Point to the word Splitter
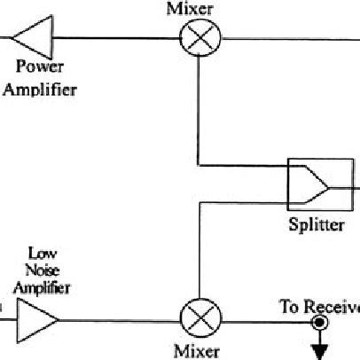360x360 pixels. point(316,224)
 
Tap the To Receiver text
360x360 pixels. point(320,307)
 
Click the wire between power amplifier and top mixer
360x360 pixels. point(115,39)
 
